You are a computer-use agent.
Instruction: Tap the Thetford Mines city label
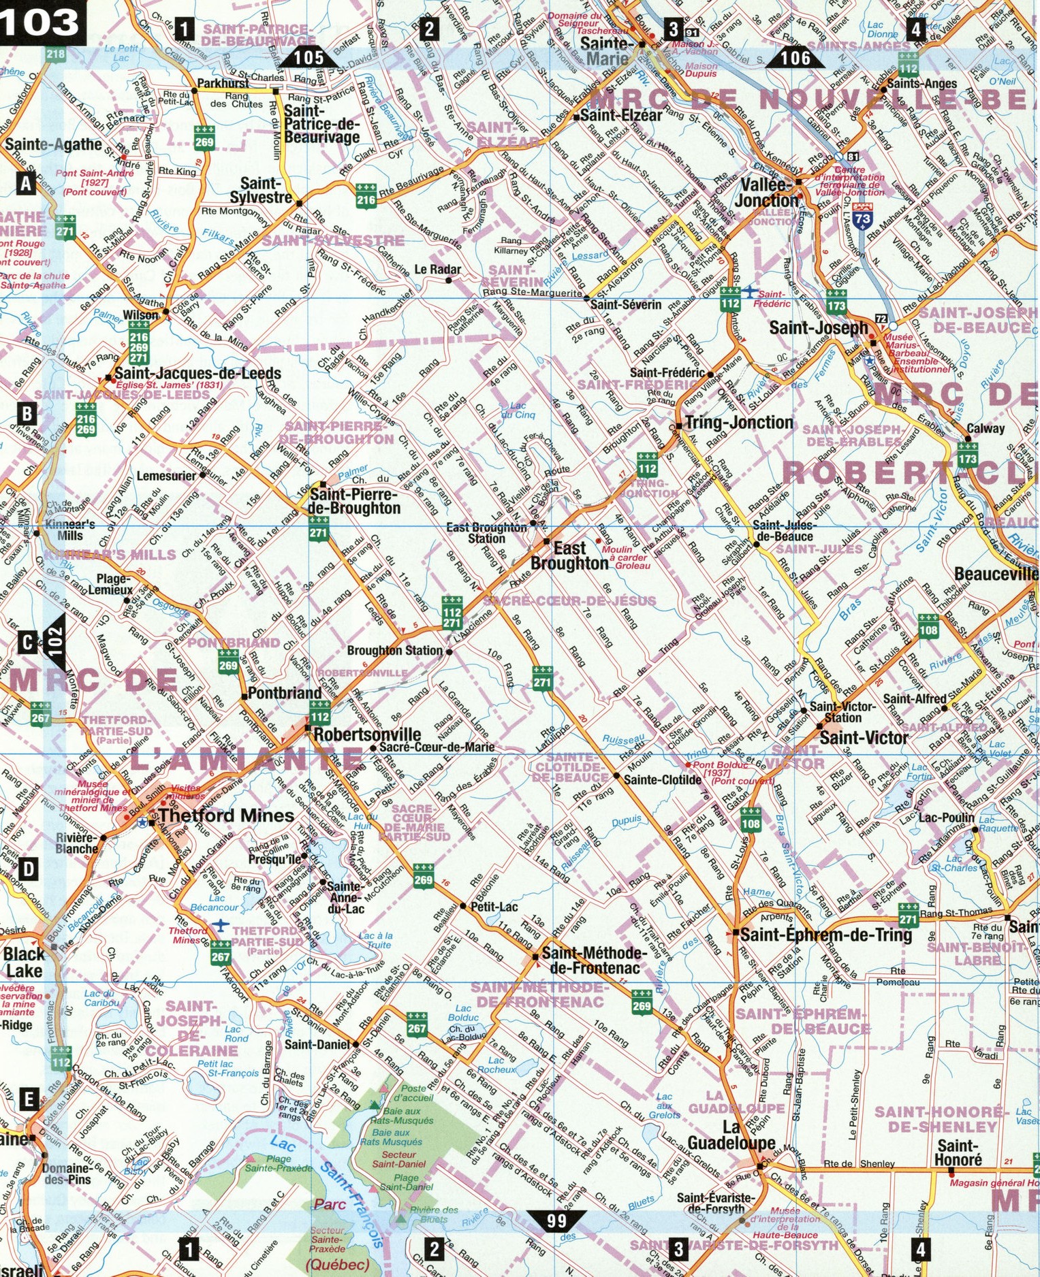226,815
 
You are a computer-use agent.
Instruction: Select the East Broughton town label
569,555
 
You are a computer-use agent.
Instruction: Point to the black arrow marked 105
309,58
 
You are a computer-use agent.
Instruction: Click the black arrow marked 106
795,58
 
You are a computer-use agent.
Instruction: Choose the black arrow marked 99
556,1221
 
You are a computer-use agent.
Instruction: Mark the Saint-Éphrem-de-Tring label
825,935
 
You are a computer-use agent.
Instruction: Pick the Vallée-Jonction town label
766,193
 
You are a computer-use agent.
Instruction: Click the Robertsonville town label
367,734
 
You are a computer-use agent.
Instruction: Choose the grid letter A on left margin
26,183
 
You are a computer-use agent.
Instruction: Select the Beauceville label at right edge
996,574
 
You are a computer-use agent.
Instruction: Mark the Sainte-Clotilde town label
662,780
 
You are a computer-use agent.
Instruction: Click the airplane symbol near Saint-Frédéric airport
750,291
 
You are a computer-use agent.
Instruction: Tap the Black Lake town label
23,962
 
